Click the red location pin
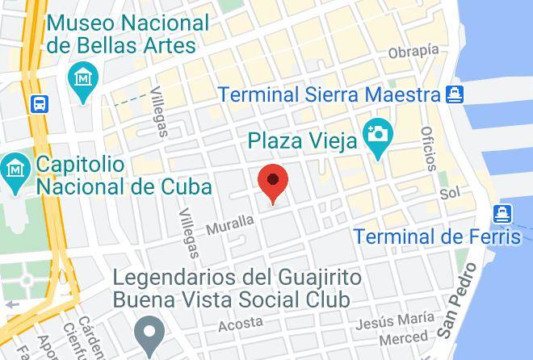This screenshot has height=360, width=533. [x=273, y=182]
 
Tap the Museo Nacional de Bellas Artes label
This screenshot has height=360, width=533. [x=128, y=34]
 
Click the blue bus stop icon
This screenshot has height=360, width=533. [x=39, y=103]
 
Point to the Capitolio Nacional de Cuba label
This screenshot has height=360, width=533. [x=124, y=176]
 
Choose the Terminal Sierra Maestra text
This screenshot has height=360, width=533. [x=329, y=94]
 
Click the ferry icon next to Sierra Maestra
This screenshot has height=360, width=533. [x=455, y=94]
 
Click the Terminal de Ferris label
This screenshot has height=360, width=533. [x=438, y=237]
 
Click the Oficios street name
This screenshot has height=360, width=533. [x=428, y=148]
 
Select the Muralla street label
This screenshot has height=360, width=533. [x=229, y=224]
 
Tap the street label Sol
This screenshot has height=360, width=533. [x=450, y=195]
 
